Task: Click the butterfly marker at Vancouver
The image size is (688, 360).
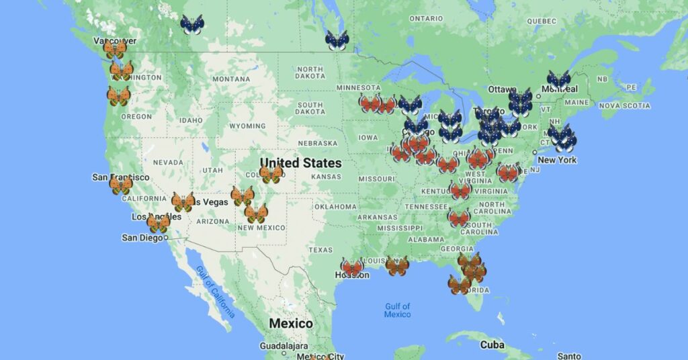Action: coord(114,49)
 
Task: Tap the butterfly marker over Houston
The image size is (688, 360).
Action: coord(352,267)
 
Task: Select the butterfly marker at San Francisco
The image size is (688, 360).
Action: coord(121,185)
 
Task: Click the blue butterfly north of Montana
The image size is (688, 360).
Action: coord(191,26)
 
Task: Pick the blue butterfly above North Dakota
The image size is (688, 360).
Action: coord(337,40)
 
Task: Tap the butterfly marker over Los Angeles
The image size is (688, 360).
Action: coord(159,223)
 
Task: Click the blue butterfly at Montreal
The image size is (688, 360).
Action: coord(558,80)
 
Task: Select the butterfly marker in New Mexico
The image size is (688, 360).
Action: coord(256,214)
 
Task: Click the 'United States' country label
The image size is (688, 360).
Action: coord(300,163)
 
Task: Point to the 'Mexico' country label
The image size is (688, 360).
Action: coord(290,324)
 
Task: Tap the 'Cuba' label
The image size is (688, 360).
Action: coord(492,345)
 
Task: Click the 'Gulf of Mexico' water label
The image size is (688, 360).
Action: coord(397,310)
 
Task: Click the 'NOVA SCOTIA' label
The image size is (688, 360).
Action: coord(624,105)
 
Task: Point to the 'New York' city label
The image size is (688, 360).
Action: coord(557,161)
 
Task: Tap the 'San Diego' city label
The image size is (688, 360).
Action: coord(142,238)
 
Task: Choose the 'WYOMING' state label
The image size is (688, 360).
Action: coord(247,126)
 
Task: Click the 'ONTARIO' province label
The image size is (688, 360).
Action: coord(427,18)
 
